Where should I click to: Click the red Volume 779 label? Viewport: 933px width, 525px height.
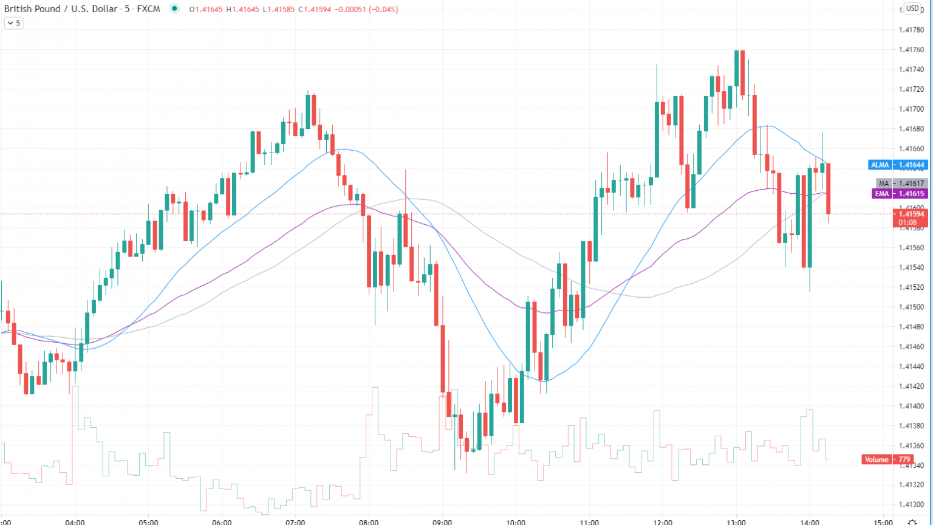887,459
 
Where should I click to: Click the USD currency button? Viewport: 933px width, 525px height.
912,9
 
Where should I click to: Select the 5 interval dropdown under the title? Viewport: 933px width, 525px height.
13,23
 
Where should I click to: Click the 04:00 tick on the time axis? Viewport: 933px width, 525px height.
75,521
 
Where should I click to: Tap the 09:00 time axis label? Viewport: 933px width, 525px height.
442,521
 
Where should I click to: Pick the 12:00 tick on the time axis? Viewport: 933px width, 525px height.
663,521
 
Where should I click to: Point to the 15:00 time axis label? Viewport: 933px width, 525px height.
883,521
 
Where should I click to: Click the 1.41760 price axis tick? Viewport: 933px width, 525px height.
911,50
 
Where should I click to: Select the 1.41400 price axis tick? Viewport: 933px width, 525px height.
911,406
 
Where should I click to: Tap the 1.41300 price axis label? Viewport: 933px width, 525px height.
911,505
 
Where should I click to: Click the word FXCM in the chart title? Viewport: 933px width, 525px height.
148,9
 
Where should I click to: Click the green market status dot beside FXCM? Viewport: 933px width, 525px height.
175,9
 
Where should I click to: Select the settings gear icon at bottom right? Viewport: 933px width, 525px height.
912,521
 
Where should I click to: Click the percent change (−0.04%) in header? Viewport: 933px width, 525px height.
381,9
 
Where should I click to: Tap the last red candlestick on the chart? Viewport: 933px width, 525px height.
828,188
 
